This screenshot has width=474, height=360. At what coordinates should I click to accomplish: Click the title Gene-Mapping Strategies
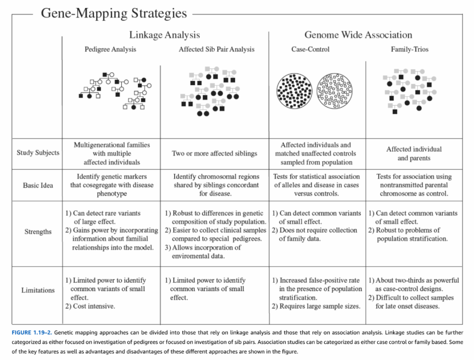coord(114,13)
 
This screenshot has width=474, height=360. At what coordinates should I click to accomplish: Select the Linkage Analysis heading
coord(164,35)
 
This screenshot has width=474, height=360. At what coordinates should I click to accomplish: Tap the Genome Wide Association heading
coord(358,35)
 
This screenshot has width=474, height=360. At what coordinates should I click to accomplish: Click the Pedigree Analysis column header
coord(110,49)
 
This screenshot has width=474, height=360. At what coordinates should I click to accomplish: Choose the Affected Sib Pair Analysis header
coord(217,49)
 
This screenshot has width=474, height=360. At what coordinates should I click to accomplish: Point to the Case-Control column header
coord(310,49)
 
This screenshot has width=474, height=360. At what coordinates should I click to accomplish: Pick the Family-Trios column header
coord(410,49)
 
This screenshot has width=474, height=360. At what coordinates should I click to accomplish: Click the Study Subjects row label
coord(38,153)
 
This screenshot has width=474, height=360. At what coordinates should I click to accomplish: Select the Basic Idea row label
coord(38,185)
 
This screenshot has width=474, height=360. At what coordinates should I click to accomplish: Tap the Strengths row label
coord(38,232)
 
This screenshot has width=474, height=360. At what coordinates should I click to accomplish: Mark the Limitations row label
coord(38,290)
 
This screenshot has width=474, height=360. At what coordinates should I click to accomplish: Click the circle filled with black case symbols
coord(294,91)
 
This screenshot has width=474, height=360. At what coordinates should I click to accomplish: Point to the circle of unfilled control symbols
coord(334,91)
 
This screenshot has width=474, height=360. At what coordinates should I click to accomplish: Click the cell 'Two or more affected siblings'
coord(214,154)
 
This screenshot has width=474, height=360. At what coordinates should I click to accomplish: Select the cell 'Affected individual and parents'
coord(414,154)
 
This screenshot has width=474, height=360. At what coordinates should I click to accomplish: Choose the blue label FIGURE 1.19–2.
coord(32,333)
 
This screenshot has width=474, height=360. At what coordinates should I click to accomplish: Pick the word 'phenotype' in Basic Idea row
coord(112,194)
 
